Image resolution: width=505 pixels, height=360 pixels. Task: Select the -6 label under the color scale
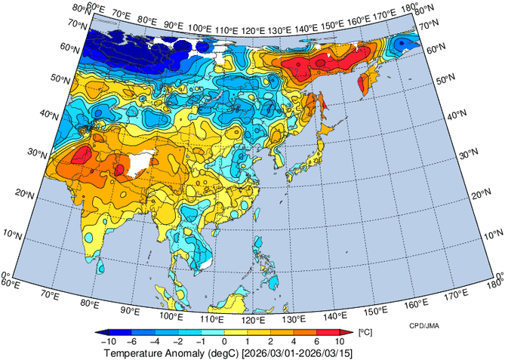coord(132,342)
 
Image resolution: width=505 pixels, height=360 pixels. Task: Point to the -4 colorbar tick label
coord(154,342)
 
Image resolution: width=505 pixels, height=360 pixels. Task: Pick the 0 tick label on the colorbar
coord(224,342)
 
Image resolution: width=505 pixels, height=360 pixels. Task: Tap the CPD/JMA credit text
coord(426,325)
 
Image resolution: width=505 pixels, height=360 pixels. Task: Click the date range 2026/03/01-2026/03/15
coord(299,352)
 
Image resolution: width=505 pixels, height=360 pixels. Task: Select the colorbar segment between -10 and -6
coord(121,332)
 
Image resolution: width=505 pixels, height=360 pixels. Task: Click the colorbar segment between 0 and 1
coord(235,332)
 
